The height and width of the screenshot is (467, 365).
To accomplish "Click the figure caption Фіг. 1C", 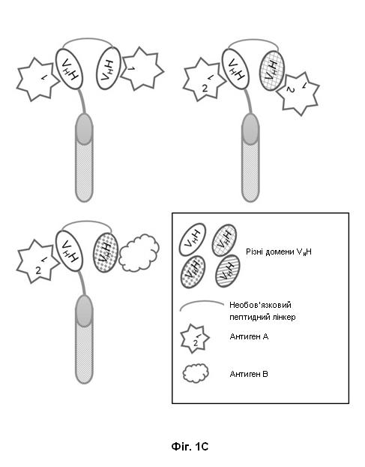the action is [190, 447].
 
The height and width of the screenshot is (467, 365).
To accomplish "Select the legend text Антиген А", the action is [249, 336].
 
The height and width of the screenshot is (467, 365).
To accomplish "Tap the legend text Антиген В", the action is [249, 374].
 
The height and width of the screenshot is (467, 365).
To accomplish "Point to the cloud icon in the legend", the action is [196, 373].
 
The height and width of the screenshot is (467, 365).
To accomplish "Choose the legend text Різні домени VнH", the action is [279, 252].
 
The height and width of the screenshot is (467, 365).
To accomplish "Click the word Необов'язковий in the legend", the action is [260, 305].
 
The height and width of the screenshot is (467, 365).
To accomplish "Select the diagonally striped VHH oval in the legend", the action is [228, 271].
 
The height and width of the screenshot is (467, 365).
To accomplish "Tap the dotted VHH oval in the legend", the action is [193, 273].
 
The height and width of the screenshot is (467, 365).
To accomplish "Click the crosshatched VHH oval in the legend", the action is [224, 240].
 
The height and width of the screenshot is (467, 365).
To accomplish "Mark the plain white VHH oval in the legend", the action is [193, 240].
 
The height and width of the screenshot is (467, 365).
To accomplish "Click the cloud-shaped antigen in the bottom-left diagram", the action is [139, 253].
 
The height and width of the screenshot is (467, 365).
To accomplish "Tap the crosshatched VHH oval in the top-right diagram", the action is [272, 71].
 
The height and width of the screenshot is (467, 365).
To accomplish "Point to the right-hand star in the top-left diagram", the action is [142, 69].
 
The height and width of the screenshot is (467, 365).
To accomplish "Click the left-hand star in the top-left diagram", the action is [37, 80].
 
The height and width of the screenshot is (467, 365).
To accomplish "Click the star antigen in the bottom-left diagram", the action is [37, 261].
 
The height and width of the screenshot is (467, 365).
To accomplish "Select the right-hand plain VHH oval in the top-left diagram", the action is [109, 68].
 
